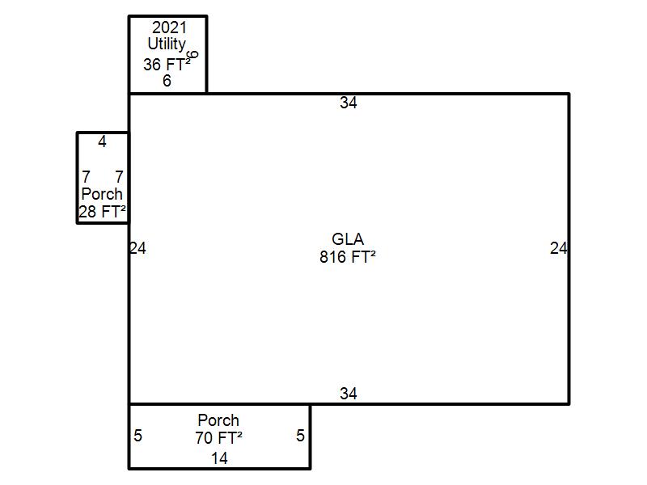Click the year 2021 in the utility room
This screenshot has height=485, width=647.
[169, 27]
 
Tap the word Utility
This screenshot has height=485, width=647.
[167, 44]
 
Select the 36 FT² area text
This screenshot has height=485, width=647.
[167, 64]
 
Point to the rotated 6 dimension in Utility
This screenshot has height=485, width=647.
[193, 54]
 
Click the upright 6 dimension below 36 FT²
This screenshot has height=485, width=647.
[167, 81]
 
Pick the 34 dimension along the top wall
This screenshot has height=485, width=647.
[349, 103]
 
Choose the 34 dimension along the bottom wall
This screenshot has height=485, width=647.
[349, 394]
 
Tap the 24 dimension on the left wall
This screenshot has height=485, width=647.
[137, 248]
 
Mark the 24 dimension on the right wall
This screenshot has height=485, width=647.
[558, 248]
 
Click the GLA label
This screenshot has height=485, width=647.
[348, 239]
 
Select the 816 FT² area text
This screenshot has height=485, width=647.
[348, 257]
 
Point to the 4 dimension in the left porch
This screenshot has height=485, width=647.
[103, 142]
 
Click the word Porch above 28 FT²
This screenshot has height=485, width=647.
[102, 194]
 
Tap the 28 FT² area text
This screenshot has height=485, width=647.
[102, 212]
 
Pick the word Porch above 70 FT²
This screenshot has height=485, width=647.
[218, 420]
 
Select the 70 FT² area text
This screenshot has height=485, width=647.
[218, 438]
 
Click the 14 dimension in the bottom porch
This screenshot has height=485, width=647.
[219, 458]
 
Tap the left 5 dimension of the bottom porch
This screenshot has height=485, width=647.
[137, 436]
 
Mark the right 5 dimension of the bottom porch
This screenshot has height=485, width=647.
[300, 436]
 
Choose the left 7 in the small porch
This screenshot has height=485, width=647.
[86, 177]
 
